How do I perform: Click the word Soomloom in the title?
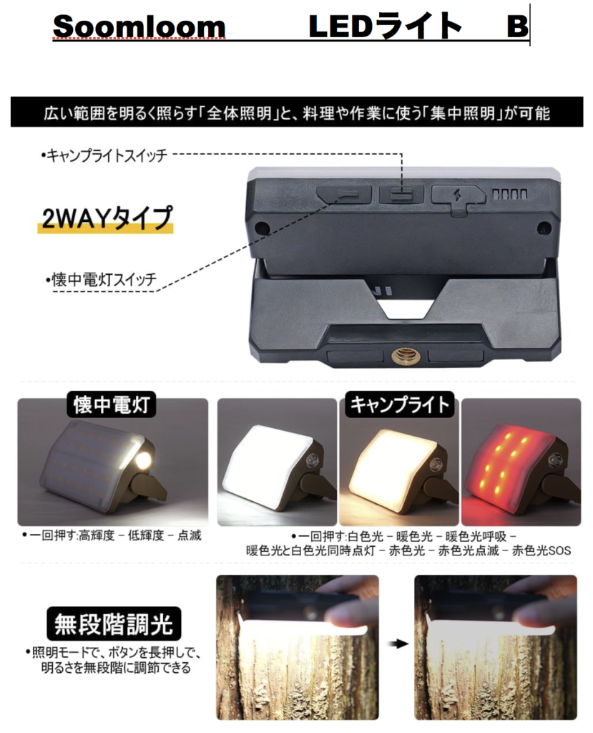click(139, 26)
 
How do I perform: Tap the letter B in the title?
click(517, 26)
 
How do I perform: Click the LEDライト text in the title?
click(385, 26)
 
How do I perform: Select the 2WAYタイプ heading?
click(106, 218)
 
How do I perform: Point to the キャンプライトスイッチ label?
click(104, 155)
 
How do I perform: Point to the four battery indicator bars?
click(510, 194)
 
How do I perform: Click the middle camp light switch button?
click(401, 194)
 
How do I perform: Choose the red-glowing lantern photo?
click(521, 462)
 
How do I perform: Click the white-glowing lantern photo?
click(277, 462)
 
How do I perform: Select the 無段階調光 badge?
click(114, 624)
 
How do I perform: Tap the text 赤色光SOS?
click(541, 550)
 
